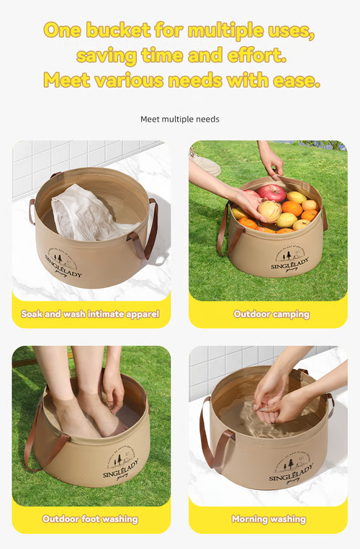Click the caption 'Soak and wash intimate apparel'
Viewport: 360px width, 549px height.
(90, 314)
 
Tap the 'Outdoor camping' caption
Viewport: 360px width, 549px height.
(271, 314)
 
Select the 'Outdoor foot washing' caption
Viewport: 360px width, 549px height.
(90, 518)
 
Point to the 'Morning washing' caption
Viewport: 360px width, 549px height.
(269, 518)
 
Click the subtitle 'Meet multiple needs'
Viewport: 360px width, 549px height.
(180, 119)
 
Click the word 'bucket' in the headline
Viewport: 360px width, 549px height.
(117, 30)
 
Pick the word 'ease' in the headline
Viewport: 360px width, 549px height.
(297, 79)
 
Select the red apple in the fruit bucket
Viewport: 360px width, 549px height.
(273, 192)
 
